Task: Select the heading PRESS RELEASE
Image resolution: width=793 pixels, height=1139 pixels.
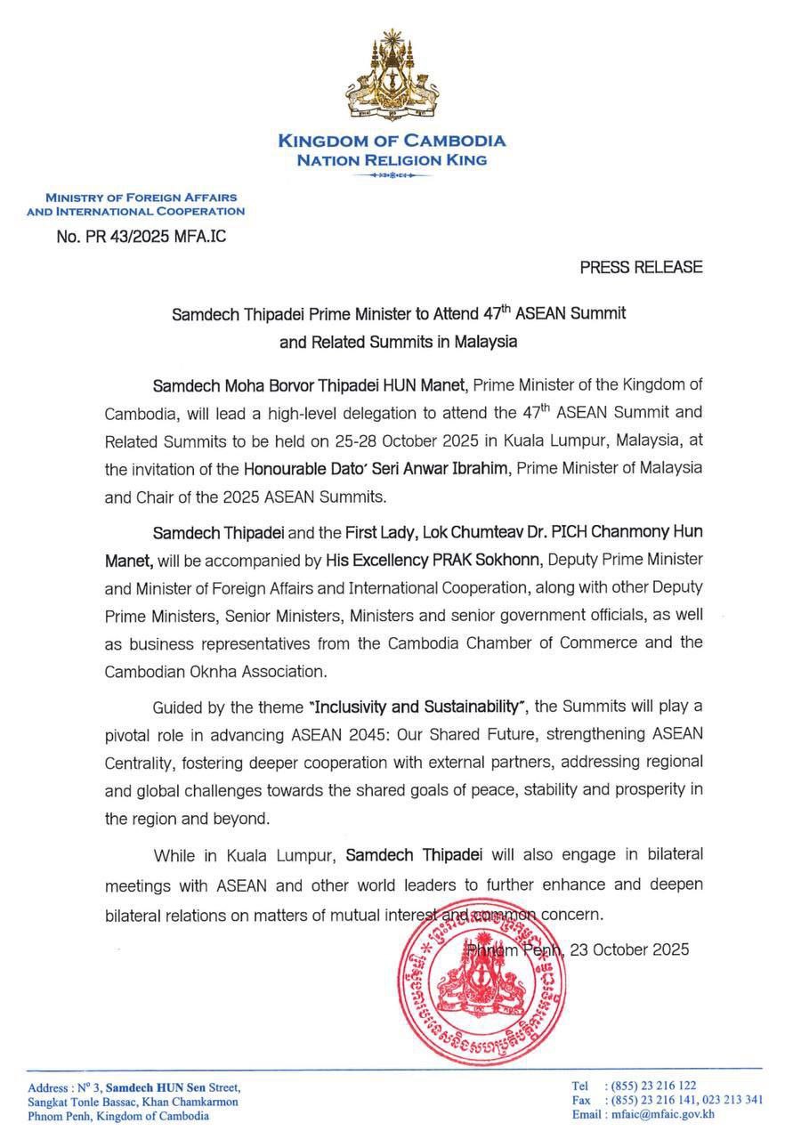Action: tap(641, 267)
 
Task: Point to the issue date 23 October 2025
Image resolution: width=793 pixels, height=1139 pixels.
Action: tap(629, 949)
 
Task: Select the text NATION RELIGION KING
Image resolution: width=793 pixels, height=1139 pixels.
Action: tap(392, 160)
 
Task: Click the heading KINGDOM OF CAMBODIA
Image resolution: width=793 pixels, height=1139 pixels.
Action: tap(392, 141)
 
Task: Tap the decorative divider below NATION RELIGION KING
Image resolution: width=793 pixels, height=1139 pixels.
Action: tap(392, 175)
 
